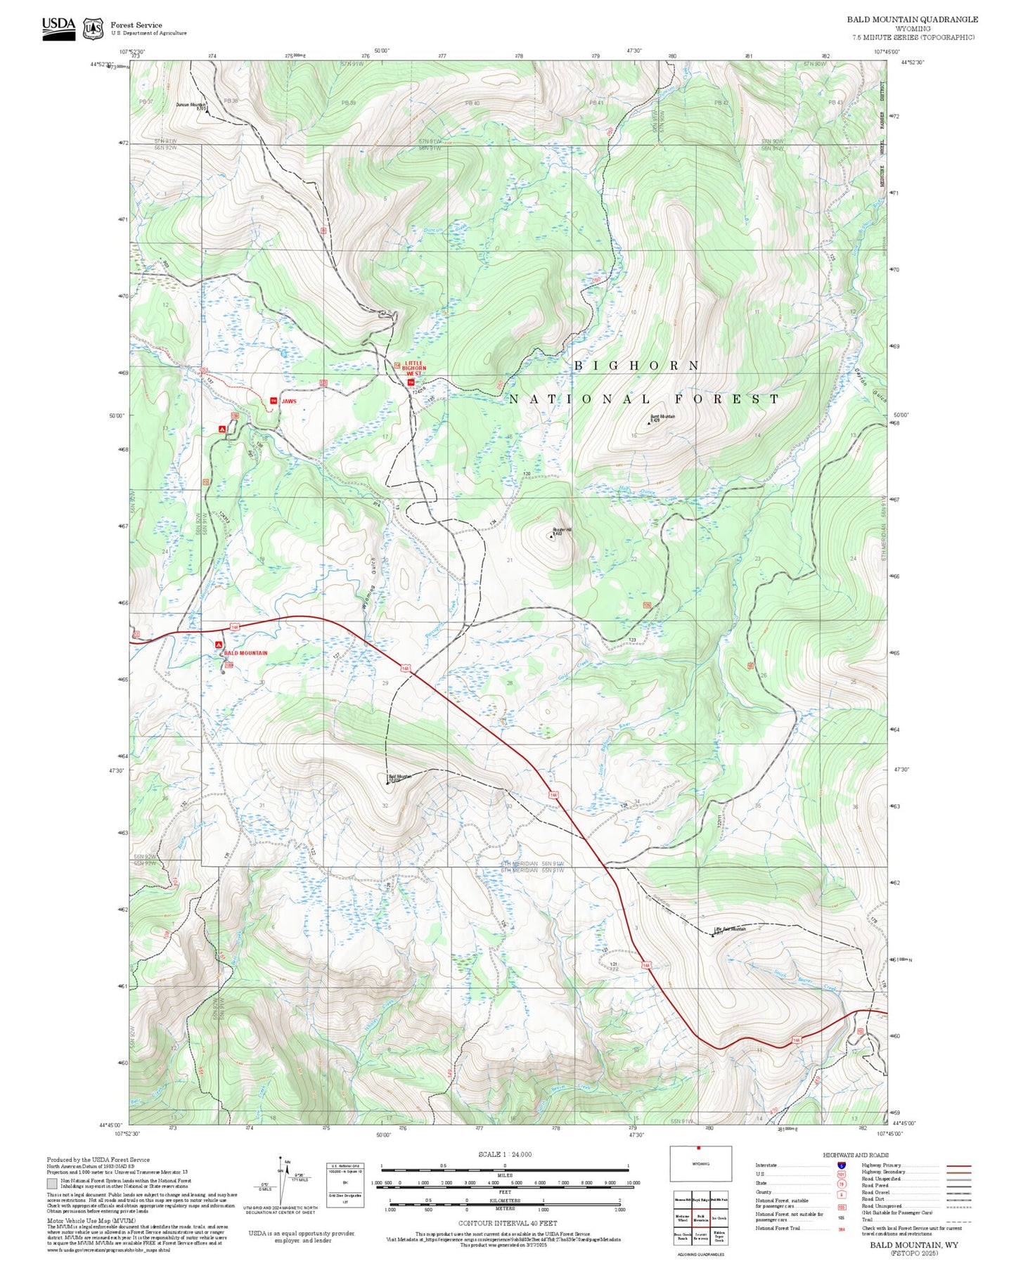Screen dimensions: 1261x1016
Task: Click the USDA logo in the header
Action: click(58, 27)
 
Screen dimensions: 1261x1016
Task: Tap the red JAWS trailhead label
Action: click(288, 401)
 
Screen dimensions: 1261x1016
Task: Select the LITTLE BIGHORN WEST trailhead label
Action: click(415, 368)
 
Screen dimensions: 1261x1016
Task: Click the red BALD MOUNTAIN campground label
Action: click(245, 653)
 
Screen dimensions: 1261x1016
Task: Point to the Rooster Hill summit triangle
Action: click(551, 536)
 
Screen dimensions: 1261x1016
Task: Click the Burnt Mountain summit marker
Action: click(649, 423)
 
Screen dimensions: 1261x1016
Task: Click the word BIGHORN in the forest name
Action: click(637, 366)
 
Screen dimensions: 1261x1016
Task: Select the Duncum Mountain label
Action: click(190, 105)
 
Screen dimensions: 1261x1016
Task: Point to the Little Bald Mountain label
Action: click(729, 929)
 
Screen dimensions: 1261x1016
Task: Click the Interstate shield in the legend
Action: click(841, 1165)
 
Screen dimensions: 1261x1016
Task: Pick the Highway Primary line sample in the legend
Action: click(958, 1165)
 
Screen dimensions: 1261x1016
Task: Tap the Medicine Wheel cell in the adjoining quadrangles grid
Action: click(682, 1218)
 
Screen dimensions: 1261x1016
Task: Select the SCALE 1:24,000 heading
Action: click(504, 1154)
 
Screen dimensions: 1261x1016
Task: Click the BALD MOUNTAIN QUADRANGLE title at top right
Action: click(912, 20)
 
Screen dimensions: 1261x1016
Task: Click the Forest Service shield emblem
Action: click(93, 29)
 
